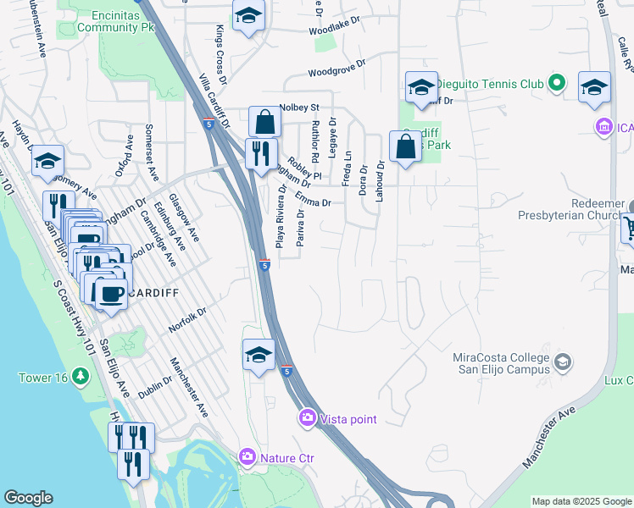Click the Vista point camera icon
point(307,418)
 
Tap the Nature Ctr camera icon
point(247,457)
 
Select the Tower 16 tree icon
point(81,375)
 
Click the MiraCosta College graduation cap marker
point(561,364)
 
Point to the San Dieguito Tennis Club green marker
point(556,84)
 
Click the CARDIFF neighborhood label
point(153,293)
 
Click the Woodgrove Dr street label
point(336,68)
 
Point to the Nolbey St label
point(298,108)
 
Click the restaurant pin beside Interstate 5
point(259,154)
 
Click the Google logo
point(28,498)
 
